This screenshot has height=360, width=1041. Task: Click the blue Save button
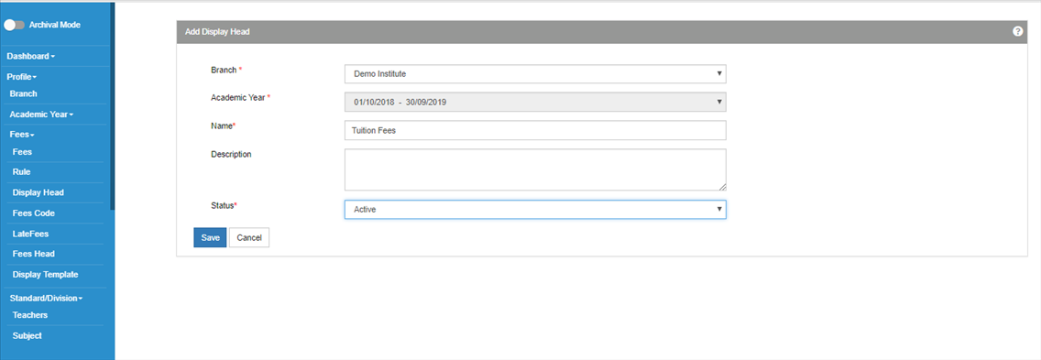point(210,238)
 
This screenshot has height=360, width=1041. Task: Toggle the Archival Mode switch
point(14,25)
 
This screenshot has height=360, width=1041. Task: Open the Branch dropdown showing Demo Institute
point(535,73)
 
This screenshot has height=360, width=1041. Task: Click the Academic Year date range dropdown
point(535,102)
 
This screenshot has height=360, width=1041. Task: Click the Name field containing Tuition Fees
point(535,131)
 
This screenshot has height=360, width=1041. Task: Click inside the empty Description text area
point(535,169)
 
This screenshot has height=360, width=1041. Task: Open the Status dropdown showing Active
point(535,209)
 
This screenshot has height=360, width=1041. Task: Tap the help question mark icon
point(1018,31)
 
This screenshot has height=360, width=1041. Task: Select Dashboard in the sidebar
point(30,57)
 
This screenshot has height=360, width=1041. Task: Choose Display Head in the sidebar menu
point(38,192)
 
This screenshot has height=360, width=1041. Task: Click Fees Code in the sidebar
point(33,213)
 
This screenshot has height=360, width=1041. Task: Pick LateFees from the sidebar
point(30,234)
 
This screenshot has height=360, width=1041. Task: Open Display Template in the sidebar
point(45,274)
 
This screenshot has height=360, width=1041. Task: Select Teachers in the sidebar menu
point(30,315)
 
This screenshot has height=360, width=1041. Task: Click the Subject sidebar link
point(27,335)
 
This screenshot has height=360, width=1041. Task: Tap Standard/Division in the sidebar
point(46,299)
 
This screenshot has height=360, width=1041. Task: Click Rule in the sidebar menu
point(22,172)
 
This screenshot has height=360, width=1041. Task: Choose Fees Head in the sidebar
point(33,254)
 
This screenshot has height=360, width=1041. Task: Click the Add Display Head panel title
point(217,31)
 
